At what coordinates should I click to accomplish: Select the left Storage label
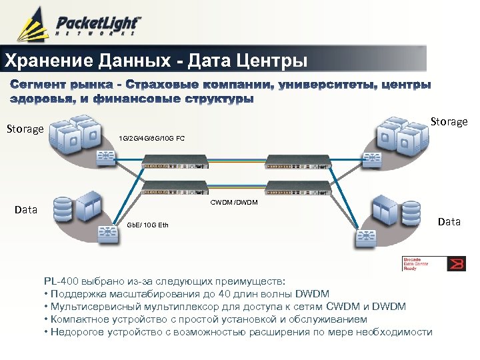(25, 129)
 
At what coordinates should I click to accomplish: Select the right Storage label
(449, 121)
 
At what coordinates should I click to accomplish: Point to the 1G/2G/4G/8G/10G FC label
(151, 138)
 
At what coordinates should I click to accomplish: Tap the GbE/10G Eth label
(147, 225)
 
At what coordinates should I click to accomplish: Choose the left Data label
(26, 209)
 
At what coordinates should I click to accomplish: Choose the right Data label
(449, 221)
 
